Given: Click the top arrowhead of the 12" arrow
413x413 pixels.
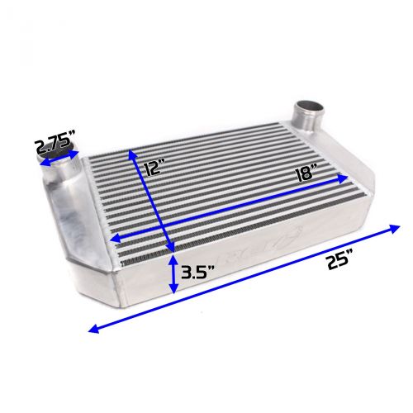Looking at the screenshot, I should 130,152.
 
